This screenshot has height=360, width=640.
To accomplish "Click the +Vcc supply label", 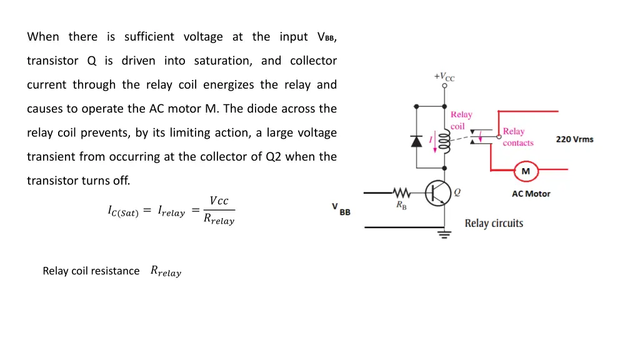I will [x=444, y=77].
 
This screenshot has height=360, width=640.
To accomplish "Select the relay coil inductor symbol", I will [x=444, y=143].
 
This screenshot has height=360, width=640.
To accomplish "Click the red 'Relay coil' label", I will [x=461, y=120].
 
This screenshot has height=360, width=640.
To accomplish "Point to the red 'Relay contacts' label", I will [x=517, y=137].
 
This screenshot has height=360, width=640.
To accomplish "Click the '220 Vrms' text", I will [x=574, y=139].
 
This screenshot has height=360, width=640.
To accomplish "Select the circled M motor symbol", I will [x=526, y=171].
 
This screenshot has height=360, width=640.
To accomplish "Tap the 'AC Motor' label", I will [x=531, y=194].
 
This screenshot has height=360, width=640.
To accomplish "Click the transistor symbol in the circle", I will [x=440, y=193].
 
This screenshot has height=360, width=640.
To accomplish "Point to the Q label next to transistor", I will [x=457, y=192].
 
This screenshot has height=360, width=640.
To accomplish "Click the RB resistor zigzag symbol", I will [x=400, y=192].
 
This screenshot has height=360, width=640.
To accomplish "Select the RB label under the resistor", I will [x=401, y=206].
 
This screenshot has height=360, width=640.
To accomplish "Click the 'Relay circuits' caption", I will [x=494, y=223].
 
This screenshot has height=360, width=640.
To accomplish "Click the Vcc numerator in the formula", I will [x=219, y=201].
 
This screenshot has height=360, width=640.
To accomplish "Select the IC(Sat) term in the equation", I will [x=122, y=212].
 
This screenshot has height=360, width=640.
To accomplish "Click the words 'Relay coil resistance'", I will [x=91, y=271].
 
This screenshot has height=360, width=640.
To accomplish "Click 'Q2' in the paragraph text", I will [x=275, y=157].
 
